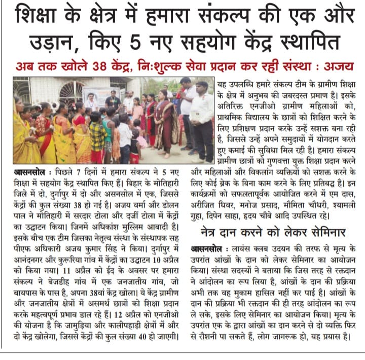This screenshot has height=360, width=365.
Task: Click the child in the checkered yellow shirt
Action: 98,134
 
